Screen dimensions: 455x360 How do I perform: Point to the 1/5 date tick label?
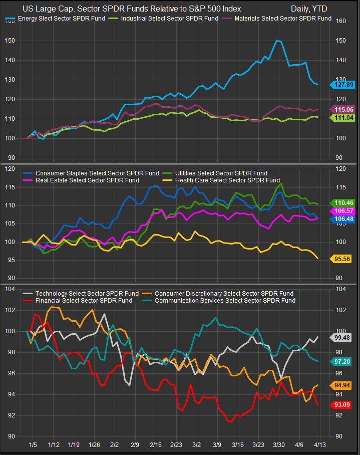click(x=34, y=444)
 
